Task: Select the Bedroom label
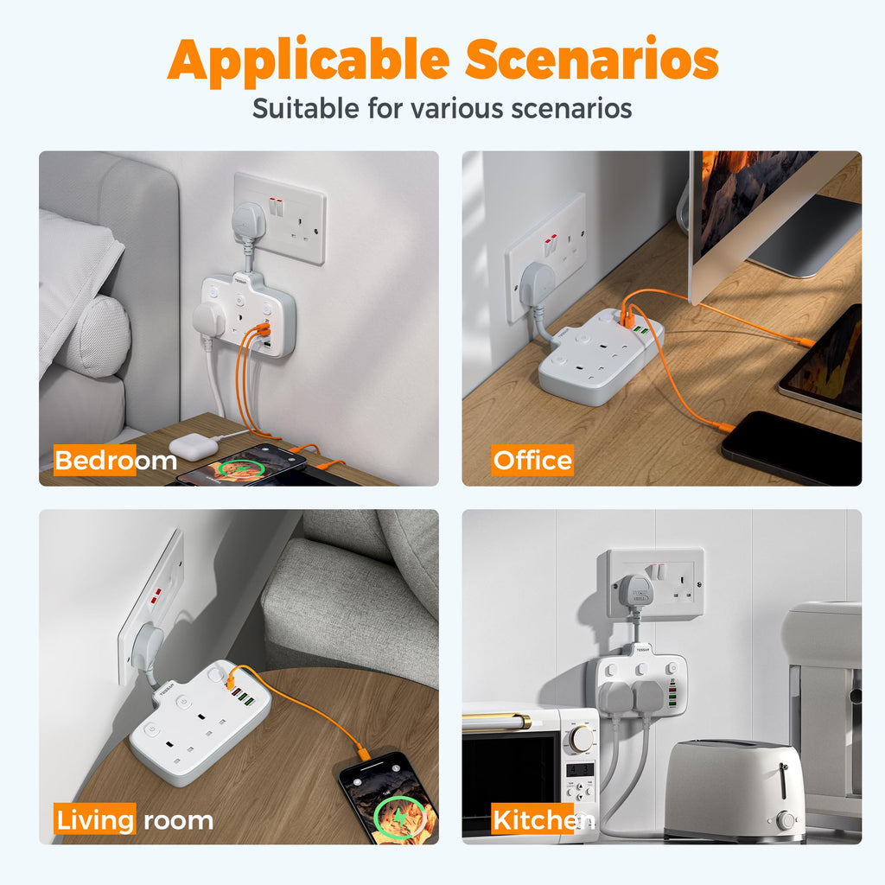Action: (116, 460)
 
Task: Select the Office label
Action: (532, 460)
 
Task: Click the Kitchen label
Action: (544, 819)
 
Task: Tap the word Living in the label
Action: (95, 819)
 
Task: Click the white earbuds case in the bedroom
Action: (193, 446)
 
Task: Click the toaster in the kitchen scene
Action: (734, 790)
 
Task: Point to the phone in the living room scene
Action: (387, 798)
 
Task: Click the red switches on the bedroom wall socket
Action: (276, 207)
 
